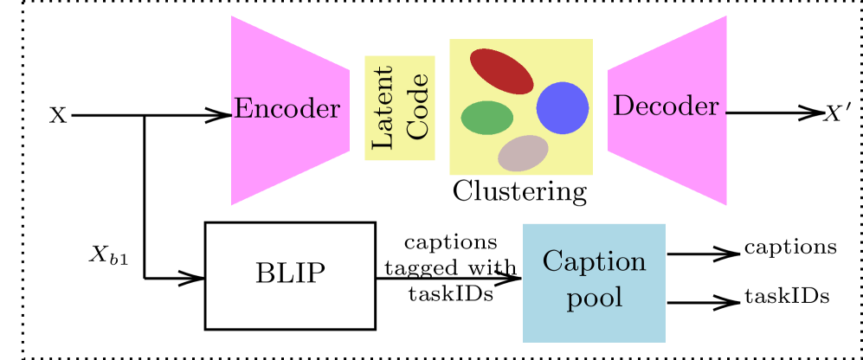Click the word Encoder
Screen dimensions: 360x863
tap(287, 109)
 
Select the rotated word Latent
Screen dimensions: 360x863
tap(382, 107)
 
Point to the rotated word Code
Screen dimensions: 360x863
tap(417, 107)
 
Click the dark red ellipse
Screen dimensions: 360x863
tap(501, 71)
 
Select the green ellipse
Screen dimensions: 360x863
tap(486, 118)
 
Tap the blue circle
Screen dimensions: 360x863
tap(563, 108)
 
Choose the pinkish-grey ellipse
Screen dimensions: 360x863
tap(523, 153)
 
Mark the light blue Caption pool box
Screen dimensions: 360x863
tap(594, 325)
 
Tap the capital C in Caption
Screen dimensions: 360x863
tap(552, 261)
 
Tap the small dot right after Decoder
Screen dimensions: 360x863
tap(726, 113)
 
